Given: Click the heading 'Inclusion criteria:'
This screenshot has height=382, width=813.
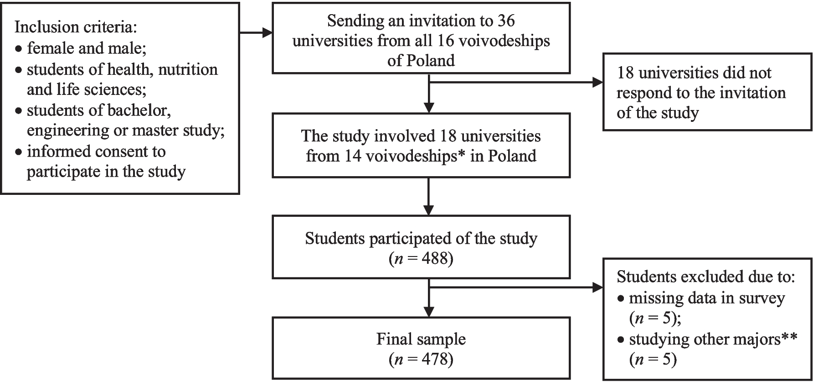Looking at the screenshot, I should (x=76, y=27).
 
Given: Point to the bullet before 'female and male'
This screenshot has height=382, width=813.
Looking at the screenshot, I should (x=18, y=48).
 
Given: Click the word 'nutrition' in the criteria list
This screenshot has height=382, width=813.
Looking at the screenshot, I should (x=188, y=69).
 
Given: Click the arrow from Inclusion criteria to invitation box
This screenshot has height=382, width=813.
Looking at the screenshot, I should (x=256, y=33).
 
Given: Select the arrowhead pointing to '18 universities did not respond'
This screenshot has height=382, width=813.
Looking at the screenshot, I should (x=597, y=83).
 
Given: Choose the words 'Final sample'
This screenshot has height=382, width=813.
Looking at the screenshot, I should (x=421, y=339).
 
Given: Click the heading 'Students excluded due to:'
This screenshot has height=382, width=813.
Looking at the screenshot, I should (x=705, y=277).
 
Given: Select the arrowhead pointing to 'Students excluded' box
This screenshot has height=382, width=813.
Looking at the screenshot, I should (x=597, y=288).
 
